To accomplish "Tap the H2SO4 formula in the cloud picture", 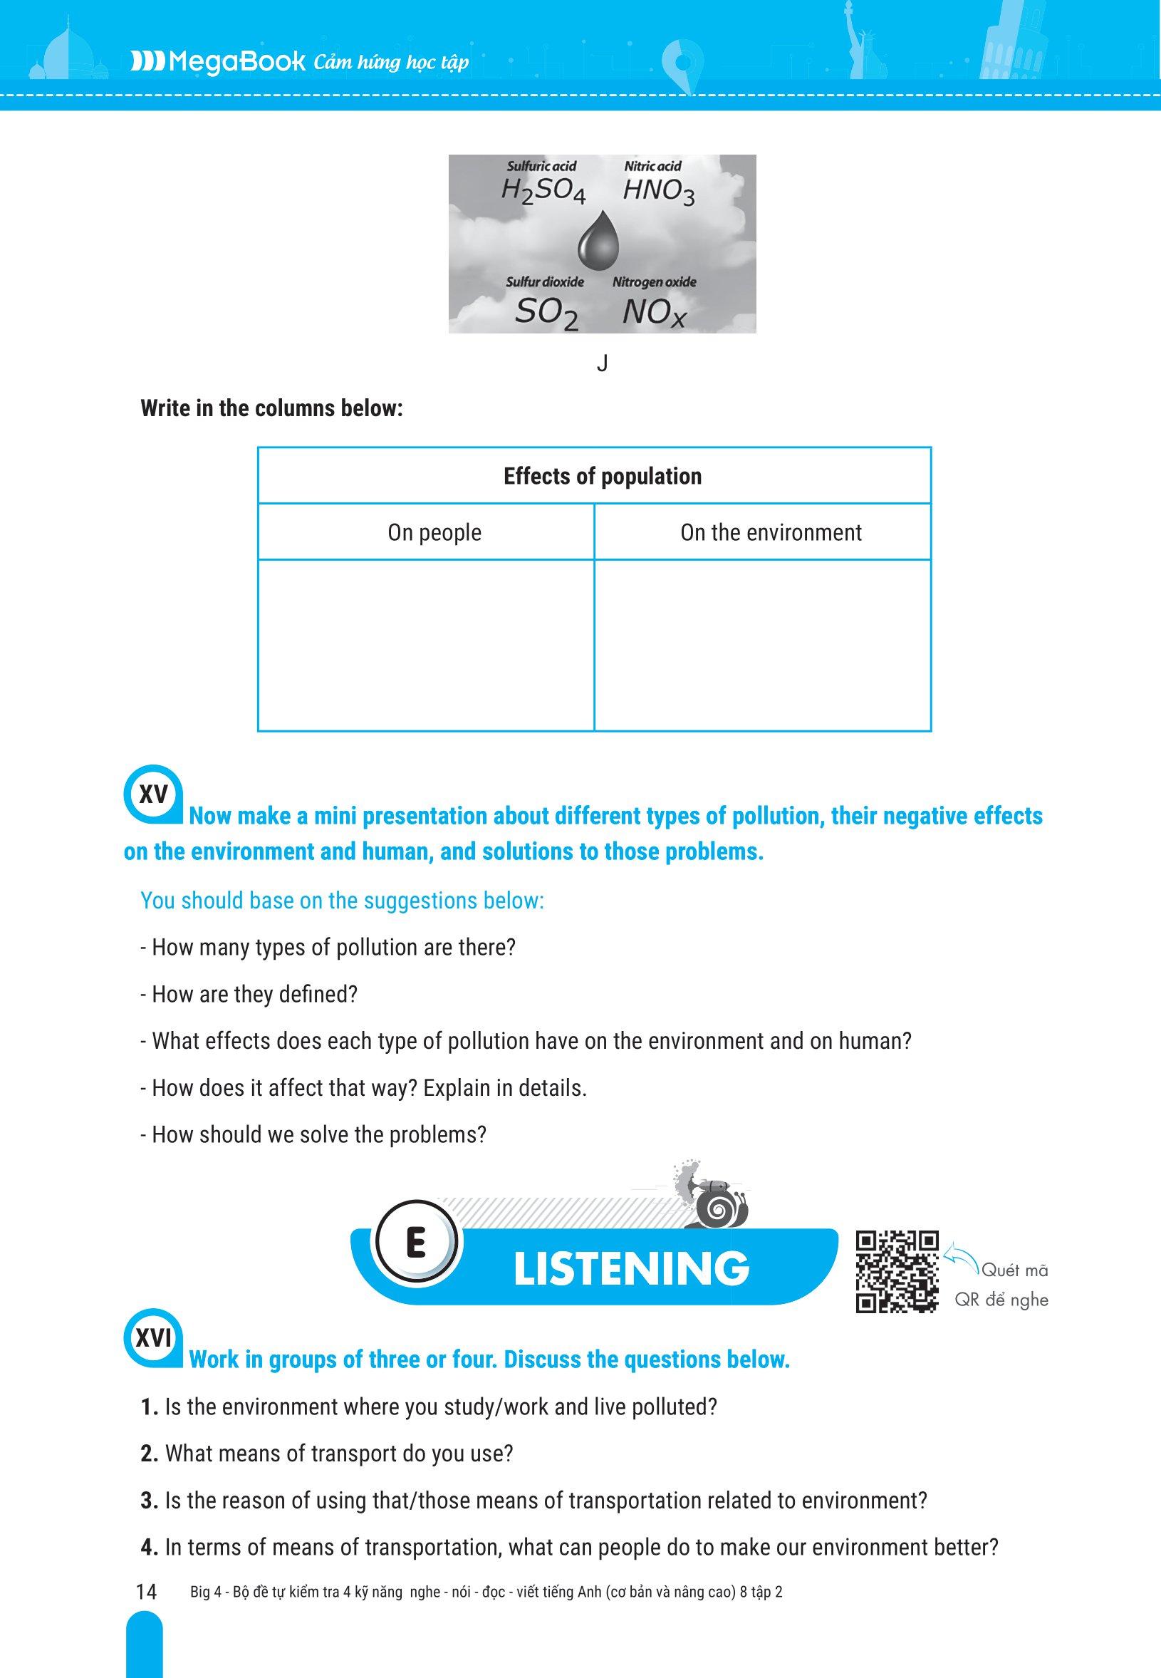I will (543, 192).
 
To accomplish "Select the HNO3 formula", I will (658, 192).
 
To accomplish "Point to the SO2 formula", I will (546, 314).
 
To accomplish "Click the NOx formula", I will (654, 314).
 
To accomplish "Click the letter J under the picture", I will (602, 364).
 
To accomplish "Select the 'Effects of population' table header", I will (603, 477).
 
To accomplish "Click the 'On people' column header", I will (434, 533).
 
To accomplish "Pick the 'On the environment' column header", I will (771, 533).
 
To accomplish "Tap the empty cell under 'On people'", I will (426, 645).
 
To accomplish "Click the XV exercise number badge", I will (152, 794).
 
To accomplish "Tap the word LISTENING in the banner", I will (630, 1268).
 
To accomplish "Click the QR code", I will (896, 1271).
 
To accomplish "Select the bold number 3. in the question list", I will (149, 1501).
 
